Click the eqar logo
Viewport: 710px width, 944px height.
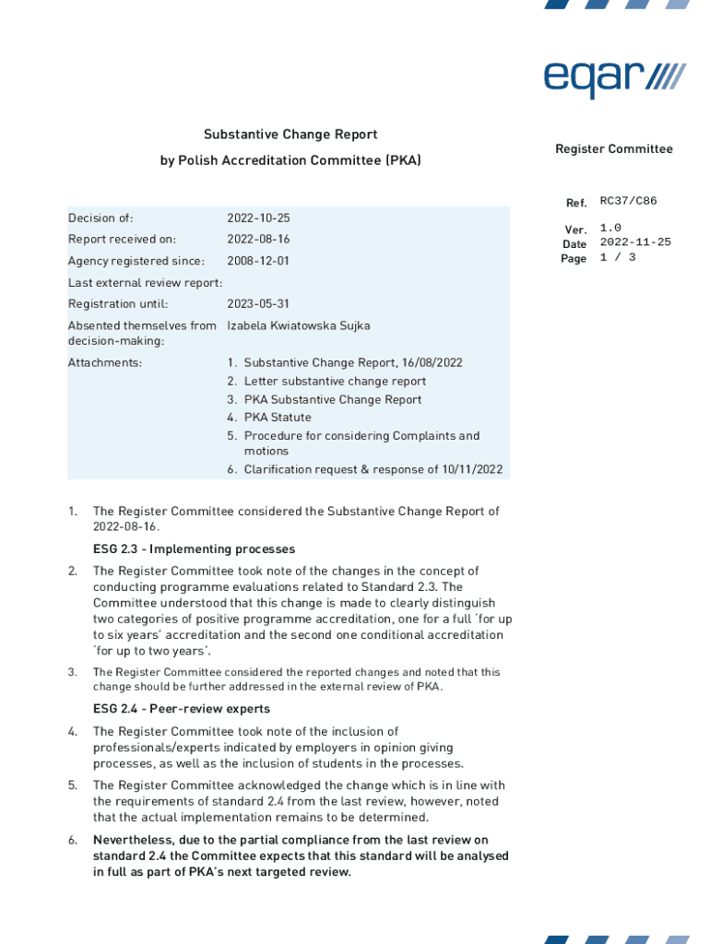[x=614, y=77]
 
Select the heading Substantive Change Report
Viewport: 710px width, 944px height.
[x=290, y=135]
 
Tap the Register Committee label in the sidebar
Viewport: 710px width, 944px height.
[x=613, y=149]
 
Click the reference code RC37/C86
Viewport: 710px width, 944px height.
[x=628, y=201]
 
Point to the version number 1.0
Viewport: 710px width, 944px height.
[x=610, y=228]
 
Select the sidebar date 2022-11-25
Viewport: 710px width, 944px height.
[x=635, y=242]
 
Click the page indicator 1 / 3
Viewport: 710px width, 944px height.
[x=617, y=258]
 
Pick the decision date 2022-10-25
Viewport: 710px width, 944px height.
[x=258, y=218]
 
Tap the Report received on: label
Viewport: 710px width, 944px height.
[x=122, y=240]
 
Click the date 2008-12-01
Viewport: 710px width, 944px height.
[x=258, y=261]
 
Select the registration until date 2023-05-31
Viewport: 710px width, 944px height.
[x=258, y=304]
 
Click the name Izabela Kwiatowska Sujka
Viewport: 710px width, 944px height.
[x=298, y=325]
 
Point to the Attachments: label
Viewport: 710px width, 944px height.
[x=105, y=363]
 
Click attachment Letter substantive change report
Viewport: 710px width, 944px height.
[x=335, y=382]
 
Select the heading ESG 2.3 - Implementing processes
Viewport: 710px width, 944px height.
[x=194, y=549]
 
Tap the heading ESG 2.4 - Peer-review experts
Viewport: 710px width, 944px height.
[x=182, y=709]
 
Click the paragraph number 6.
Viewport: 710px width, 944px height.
[x=72, y=840]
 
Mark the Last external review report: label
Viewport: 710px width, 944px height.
[x=145, y=282]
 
